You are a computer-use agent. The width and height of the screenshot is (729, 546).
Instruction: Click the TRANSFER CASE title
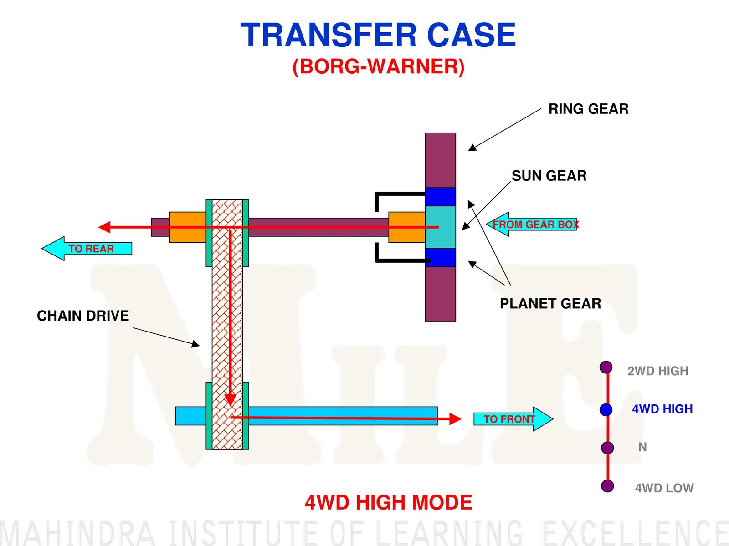click(378, 35)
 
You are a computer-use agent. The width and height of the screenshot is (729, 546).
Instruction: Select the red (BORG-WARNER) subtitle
click(378, 66)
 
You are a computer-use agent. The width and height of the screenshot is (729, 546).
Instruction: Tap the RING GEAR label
click(588, 109)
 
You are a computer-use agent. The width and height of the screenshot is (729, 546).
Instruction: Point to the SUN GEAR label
click(549, 176)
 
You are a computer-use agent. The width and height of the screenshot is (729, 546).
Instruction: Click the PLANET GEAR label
click(550, 303)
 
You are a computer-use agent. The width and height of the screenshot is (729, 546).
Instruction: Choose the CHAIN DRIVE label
click(83, 316)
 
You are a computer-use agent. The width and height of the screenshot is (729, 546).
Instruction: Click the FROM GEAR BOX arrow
click(531, 225)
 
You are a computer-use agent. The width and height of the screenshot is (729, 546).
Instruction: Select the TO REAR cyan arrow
click(87, 249)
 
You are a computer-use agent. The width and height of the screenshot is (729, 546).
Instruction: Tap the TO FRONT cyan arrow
click(513, 419)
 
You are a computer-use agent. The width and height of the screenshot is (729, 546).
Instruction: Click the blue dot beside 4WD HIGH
click(606, 409)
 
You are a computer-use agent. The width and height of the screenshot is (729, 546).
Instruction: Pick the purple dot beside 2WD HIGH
click(606, 367)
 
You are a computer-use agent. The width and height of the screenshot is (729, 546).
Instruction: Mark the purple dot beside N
click(607, 448)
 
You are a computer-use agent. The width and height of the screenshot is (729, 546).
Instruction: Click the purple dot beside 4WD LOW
click(607, 486)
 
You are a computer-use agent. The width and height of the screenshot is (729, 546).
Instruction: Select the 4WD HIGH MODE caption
click(389, 502)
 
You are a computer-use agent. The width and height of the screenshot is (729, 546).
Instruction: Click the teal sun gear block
click(441, 227)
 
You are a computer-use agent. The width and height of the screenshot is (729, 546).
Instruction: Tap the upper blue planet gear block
click(441, 197)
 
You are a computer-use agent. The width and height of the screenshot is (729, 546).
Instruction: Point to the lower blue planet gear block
click(441, 258)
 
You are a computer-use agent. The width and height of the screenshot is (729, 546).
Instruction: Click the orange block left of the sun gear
click(407, 227)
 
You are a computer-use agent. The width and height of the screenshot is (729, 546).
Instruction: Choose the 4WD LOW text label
click(664, 488)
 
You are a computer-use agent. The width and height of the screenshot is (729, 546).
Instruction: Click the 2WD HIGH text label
click(657, 371)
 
